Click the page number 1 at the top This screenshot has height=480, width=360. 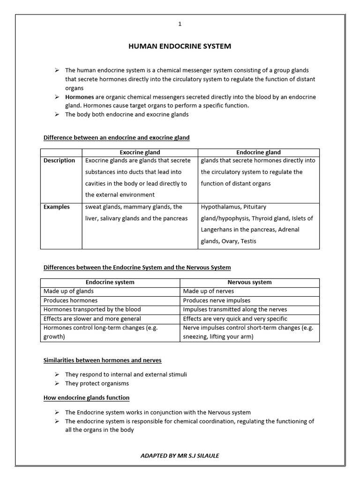180,24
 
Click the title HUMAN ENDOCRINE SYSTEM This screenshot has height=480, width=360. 180,46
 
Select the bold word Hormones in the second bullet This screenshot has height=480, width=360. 79,97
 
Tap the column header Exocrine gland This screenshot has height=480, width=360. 140,152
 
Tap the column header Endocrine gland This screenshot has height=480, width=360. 258,152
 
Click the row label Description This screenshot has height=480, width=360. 59,160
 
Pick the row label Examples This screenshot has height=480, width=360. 57,207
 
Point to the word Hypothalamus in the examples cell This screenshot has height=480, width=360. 220,207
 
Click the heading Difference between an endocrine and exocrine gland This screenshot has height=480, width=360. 116,138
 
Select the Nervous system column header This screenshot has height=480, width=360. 249,282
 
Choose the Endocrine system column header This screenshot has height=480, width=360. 110,282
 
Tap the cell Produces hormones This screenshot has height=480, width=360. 71,300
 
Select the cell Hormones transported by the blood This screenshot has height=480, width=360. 92,309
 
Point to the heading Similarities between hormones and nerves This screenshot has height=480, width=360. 102,360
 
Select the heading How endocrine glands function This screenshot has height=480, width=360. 86,398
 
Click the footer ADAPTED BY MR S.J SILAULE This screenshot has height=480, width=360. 180,456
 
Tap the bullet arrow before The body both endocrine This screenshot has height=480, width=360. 56,114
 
